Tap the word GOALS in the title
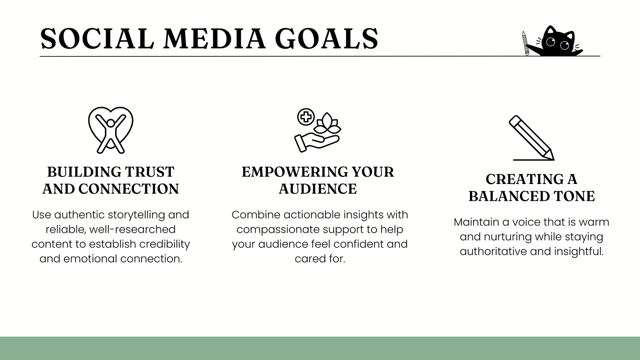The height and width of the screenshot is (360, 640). click(x=326, y=38)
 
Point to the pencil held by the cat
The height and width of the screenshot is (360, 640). click(x=526, y=43)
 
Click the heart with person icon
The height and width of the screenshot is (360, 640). click(x=110, y=130)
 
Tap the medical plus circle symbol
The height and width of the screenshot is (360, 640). click(x=306, y=117)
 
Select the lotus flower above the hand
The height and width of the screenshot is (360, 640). click(x=328, y=124)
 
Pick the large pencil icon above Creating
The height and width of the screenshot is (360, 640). click(x=532, y=138)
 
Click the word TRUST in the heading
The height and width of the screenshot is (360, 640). click(x=150, y=172)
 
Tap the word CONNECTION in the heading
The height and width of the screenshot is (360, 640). click(x=128, y=189)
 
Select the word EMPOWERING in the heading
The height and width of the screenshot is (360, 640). click(x=294, y=172)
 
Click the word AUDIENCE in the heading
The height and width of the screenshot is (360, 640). click(x=318, y=189)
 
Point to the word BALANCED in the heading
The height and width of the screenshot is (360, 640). click(x=509, y=196)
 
